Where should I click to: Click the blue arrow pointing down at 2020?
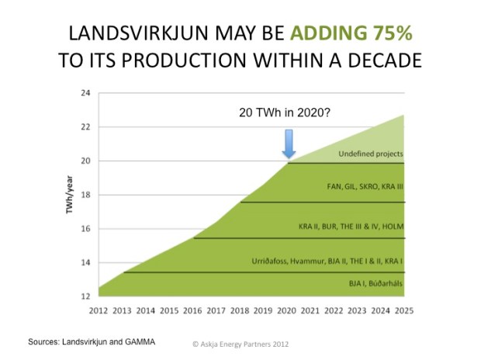click(x=289, y=144)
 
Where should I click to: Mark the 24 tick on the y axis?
click(x=85, y=93)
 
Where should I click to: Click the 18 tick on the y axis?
click(x=85, y=195)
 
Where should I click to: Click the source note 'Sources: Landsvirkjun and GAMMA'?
click(x=92, y=341)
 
